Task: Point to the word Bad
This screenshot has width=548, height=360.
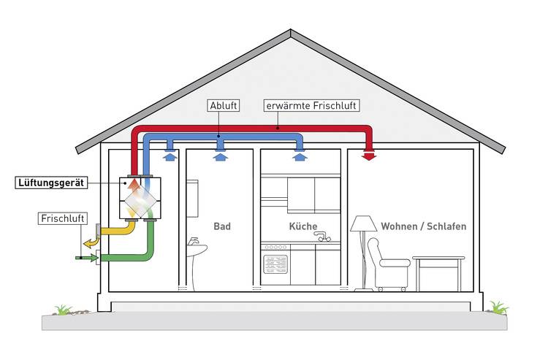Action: (222, 226)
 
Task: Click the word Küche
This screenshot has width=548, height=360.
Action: (302, 226)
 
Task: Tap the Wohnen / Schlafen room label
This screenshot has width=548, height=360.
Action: (423, 226)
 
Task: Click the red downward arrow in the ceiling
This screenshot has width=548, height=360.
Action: (368, 154)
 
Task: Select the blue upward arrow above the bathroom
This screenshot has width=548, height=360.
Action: (219, 154)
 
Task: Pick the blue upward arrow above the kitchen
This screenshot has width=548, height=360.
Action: (298, 154)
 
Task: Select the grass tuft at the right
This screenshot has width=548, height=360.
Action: (498, 307)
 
